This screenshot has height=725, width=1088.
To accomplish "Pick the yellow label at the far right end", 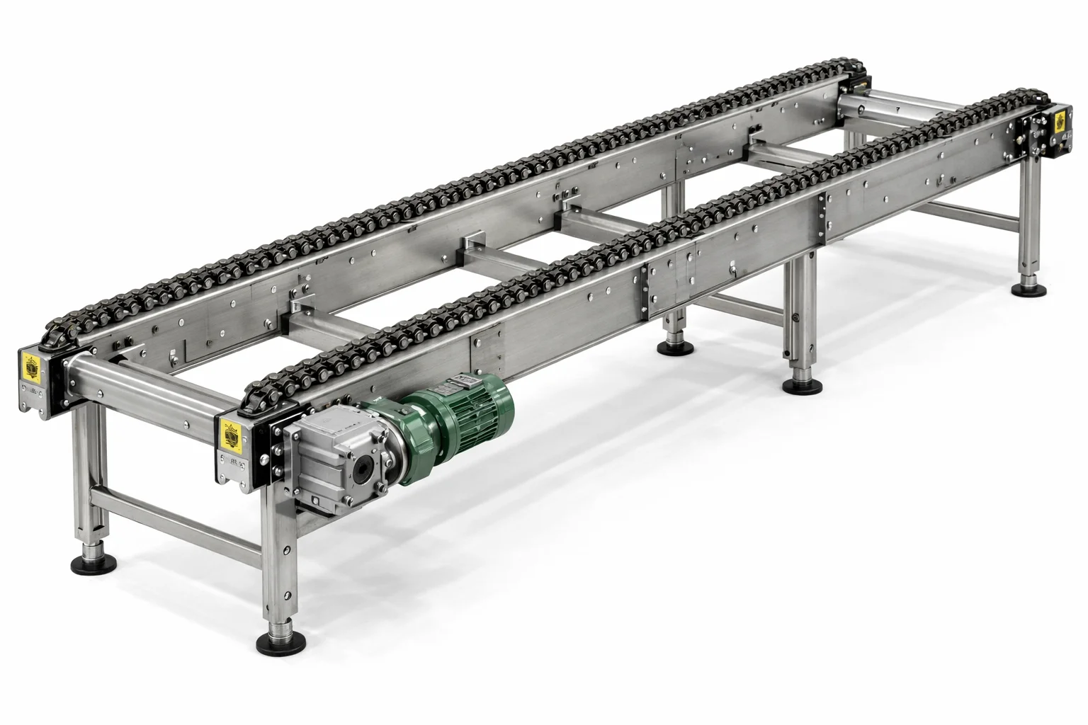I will click(1060, 121).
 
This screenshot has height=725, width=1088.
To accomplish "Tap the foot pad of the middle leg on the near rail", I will click(802, 386).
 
